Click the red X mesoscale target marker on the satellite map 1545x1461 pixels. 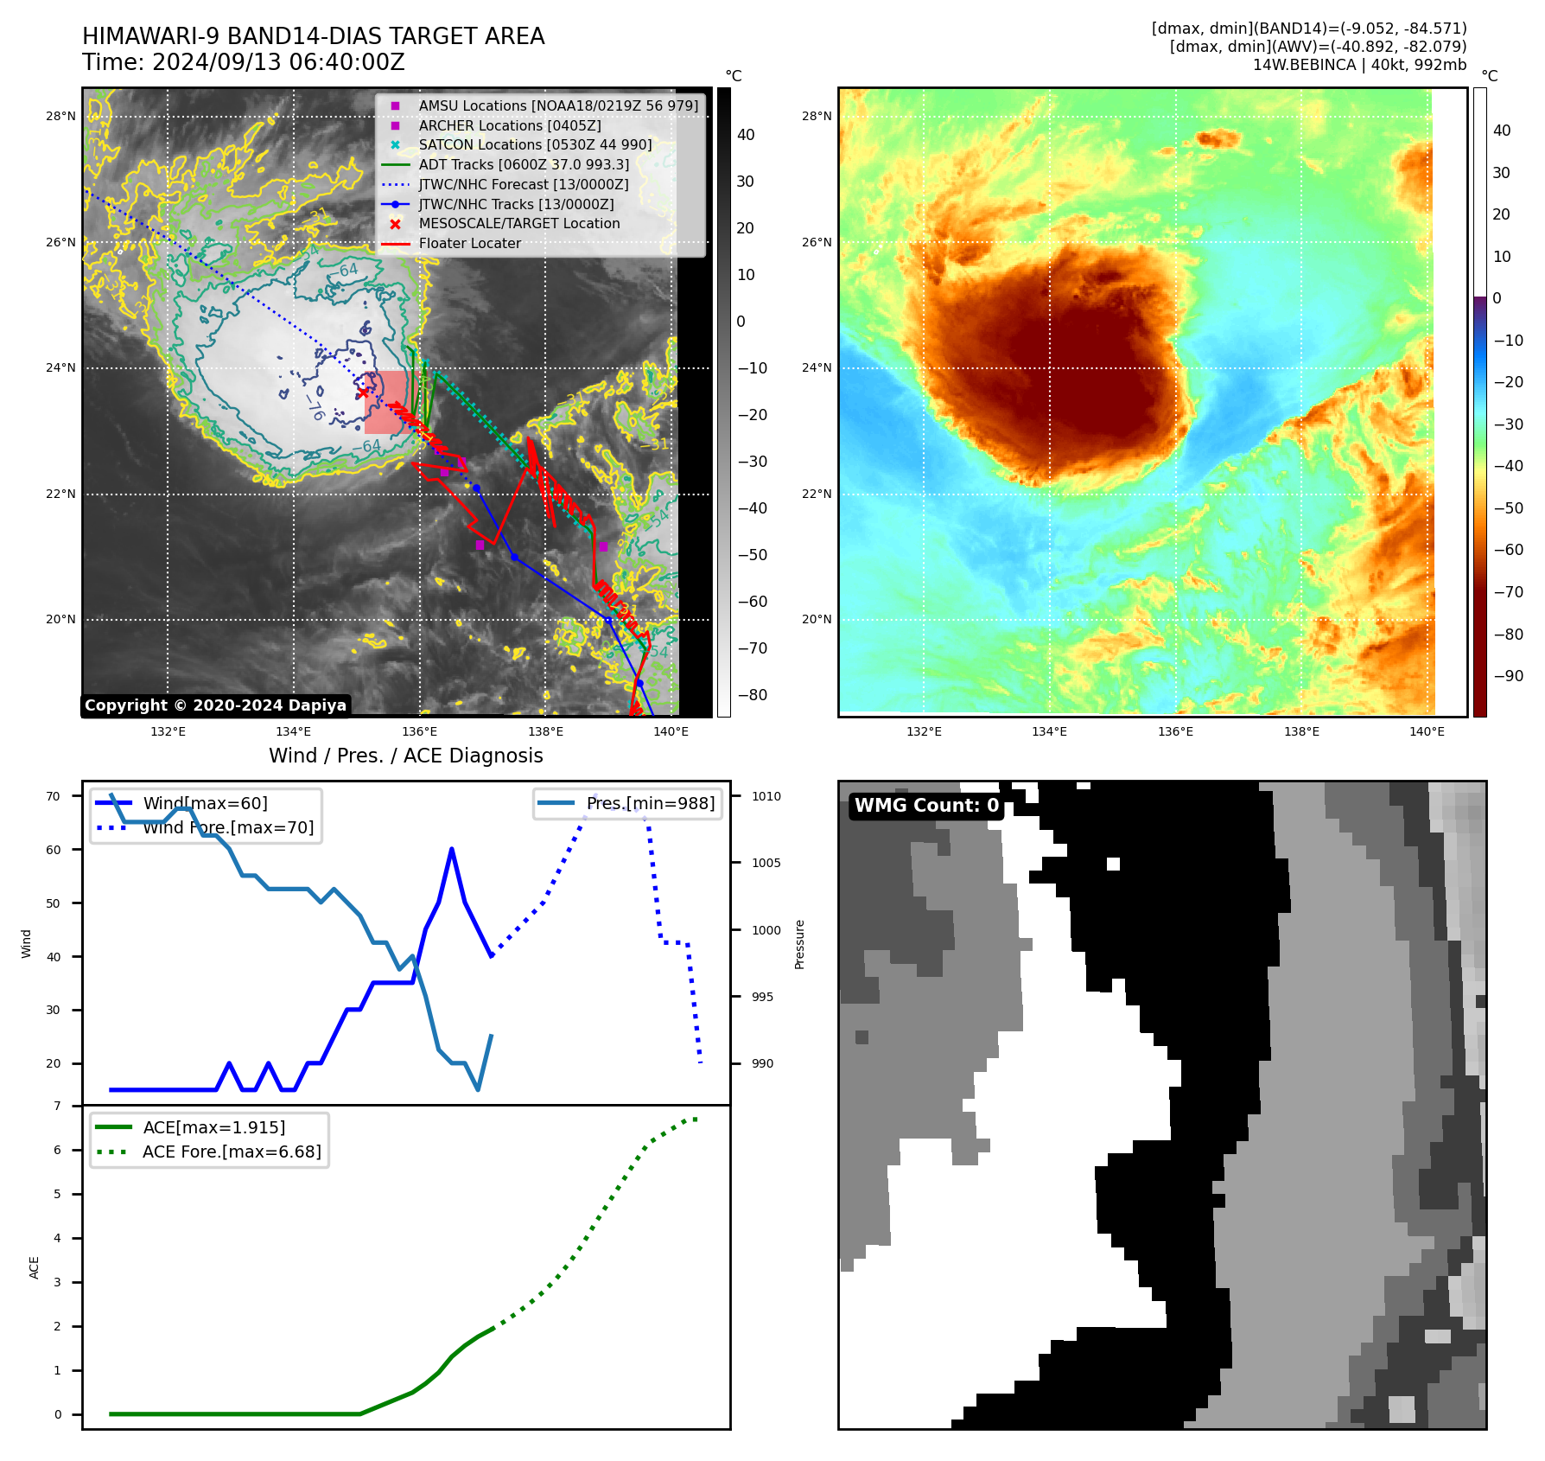tap(363, 392)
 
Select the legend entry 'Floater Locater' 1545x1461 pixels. tap(469, 244)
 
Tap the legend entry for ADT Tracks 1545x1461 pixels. tap(524, 164)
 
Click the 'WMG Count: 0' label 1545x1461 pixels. tap(926, 806)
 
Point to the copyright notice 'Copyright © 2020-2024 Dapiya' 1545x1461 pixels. tap(215, 705)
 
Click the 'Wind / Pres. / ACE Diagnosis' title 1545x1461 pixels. tap(405, 756)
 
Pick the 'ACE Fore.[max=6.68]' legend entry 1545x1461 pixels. tap(231, 1152)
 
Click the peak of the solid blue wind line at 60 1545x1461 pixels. tap(452, 850)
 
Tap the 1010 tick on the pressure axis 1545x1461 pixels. tap(766, 796)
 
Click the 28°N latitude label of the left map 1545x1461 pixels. tap(60, 116)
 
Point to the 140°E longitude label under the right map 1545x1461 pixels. tap(1427, 731)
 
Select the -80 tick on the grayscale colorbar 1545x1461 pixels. tap(752, 695)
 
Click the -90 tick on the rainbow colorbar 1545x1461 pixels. tap(1508, 676)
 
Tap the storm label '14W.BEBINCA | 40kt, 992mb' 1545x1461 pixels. tap(1359, 65)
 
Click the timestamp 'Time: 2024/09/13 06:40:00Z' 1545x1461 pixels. tap(243, 62)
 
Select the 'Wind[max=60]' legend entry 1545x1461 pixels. tap(205, 803)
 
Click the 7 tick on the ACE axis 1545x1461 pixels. tap(58, 1106)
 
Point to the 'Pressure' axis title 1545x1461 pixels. tap(799, 944)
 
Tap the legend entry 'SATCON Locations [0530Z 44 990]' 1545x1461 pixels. tap(535, 144)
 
